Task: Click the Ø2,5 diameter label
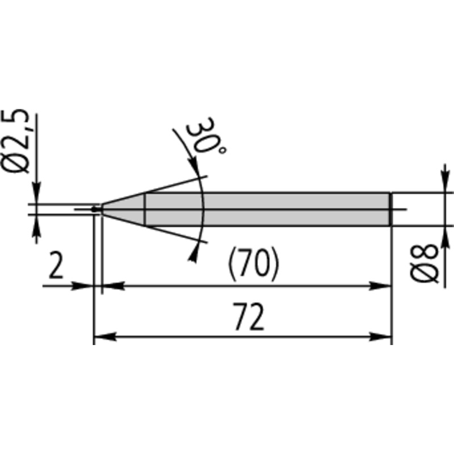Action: coord(15,141)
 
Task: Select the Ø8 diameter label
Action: coord(424,263)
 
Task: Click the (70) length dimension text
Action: coord(254,264)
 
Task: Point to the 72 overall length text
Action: coord(249,317)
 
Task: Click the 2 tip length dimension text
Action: coord(56,265)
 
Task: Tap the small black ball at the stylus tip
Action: coord(94,209)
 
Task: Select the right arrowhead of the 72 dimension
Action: coord(380,337)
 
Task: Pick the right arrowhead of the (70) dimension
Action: coord(380,286)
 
